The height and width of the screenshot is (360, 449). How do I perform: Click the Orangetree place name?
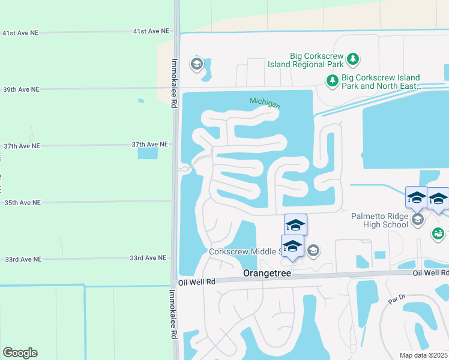pyautogui.click(x=267, y=273)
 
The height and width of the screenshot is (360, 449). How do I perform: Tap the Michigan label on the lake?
pyautogui.click(x=265, y=103)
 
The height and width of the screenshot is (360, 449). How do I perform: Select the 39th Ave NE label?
pyautogui.click(x=21, y=89)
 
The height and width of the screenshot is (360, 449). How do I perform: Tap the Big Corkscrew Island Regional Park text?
pyautogui.click(x=316, y=60)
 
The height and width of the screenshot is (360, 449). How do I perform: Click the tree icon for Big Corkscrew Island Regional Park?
pyautogui.click(x=354, y=59)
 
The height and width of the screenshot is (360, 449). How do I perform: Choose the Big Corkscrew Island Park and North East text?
pyautogui.click(x=381, y=82)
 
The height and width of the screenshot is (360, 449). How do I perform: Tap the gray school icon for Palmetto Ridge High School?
pyautogui.click(x=418, y=220)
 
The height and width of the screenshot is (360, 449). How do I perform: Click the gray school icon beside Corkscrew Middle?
pyautogui.click(x=313, y=250)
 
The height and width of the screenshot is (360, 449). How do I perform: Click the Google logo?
pyautogui.click(x=20, y=353)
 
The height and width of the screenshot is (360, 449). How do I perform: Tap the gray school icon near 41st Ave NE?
pyautogui.click(x=196, y=64)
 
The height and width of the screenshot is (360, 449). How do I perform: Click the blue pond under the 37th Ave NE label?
pyautogui.click(x=148, y=153)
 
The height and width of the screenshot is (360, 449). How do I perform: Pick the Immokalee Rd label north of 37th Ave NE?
pyautogui.click(x=173, y=83)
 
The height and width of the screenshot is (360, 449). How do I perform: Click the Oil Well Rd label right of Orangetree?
pyautogui.click(x=430, y=272)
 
